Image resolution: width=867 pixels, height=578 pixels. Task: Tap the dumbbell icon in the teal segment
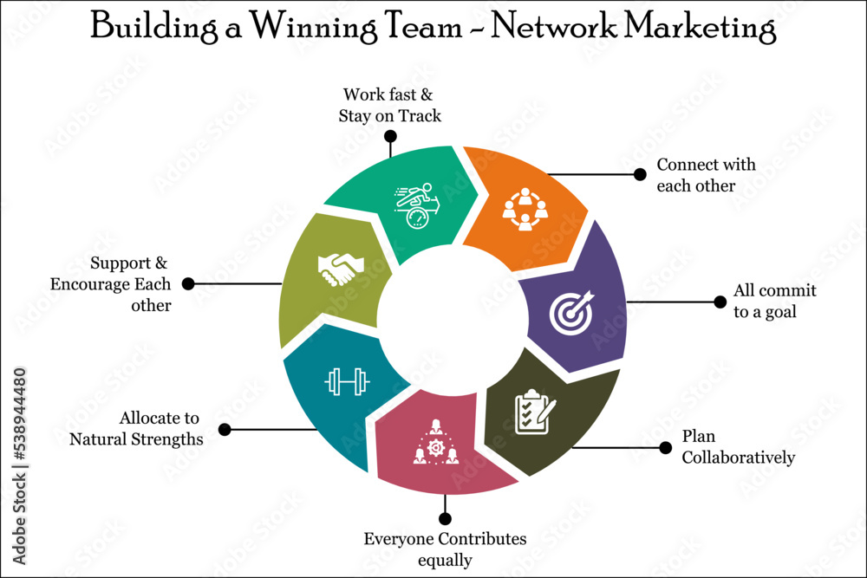click(347, 381)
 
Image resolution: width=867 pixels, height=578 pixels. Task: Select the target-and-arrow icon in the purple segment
click(572, 312)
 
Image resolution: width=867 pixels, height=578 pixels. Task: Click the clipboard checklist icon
click(534, 412)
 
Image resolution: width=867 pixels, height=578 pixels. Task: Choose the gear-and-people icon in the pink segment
click(436, 443)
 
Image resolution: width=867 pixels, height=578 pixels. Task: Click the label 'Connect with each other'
click(706, 175)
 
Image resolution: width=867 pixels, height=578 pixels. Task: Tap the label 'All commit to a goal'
click(774, 301)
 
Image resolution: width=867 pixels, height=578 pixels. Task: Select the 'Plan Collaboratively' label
click(737, 447)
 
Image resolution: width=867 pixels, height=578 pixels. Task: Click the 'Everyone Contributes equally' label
click(445, 549)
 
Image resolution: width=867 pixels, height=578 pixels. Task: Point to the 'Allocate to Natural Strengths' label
click(136, 429)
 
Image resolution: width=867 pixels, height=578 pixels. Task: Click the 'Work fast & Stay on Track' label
click(389, 105)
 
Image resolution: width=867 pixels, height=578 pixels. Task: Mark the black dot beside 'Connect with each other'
click(641, 173)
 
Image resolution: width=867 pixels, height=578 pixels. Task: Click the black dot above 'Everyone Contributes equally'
click(445, 519)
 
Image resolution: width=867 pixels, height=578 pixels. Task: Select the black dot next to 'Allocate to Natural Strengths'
click(225, 429)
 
